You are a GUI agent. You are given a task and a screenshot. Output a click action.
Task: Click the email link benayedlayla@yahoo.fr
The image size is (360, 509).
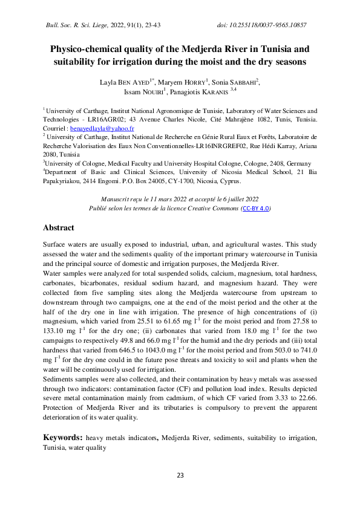102,129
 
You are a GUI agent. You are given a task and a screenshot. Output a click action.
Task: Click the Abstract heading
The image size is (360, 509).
58,228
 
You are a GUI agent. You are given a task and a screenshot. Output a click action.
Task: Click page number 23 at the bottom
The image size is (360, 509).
180,476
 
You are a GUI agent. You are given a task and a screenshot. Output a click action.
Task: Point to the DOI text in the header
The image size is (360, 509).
261,25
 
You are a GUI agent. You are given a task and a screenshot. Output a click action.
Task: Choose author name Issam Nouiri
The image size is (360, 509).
144,92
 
